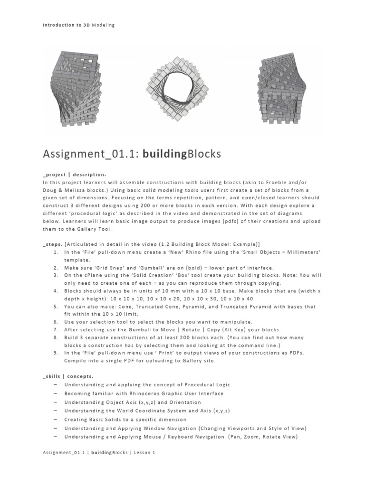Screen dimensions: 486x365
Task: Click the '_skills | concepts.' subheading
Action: [x=67, y=375]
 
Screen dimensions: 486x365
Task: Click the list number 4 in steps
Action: [x=57, y=290]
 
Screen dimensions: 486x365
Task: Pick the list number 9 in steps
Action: [x=57, y=353]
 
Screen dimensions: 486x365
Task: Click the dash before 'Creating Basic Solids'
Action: [x=57, y=420]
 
